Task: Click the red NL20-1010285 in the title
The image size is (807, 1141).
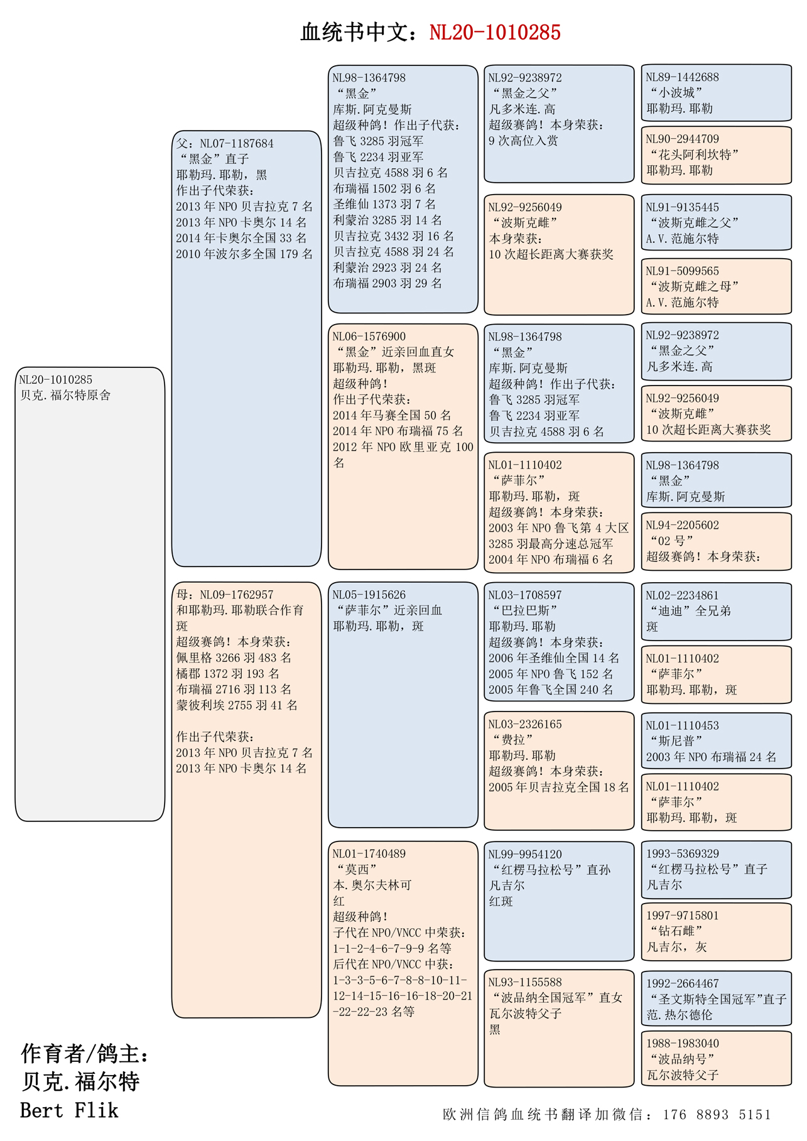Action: pos(494,33)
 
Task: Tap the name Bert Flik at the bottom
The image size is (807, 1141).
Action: pos(69,1110)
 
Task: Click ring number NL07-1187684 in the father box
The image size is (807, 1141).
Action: pos(237,143)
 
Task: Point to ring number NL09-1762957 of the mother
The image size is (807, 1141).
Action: pos(237,594)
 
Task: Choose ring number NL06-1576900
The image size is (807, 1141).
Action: pos(369,336)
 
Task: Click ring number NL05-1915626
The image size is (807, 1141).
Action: pos(369,594)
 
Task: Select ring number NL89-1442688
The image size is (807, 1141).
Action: pos(683,77)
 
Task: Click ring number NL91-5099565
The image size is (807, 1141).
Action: pos(683,271)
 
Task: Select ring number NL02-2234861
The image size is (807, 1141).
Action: pos(683,595)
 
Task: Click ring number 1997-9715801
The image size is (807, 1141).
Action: pos(683,915)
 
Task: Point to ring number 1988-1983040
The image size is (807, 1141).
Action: pos(683,1043)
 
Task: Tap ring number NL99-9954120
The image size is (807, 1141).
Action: pos(525,854)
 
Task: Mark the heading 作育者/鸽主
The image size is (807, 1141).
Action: pos(85,1054)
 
